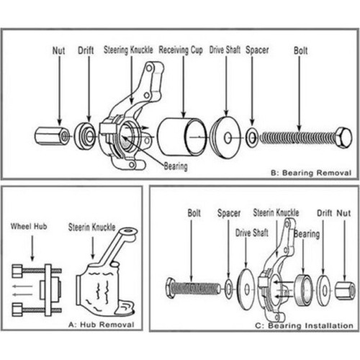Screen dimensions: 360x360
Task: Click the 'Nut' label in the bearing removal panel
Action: tap(59, 52)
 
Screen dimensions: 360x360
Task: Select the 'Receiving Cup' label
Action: tap(181, 52)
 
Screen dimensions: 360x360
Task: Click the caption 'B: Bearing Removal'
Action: tap(312, 173)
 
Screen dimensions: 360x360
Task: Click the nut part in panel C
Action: tap(345, 289)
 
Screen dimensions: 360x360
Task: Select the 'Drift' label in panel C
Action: tap(325, 213)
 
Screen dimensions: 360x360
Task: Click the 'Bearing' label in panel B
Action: tap(174, 166)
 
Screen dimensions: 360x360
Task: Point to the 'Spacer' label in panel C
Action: tap(228, 213)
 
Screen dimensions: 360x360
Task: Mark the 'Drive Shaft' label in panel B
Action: tap(225, 52)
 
